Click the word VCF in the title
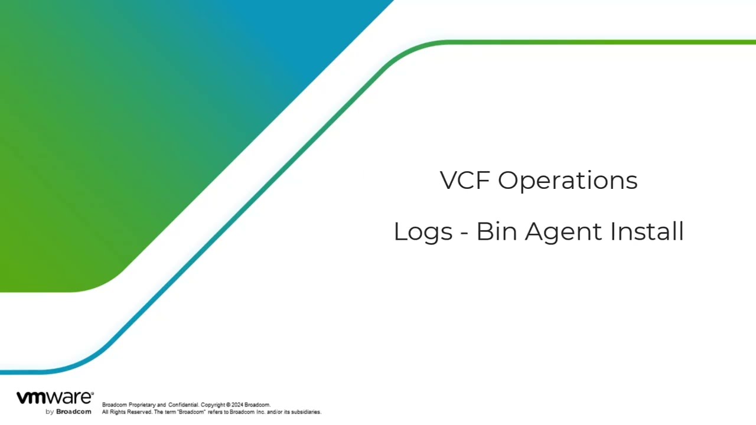pyautogui.click(x=465, y=181)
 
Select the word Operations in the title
pyautogui.click(x=568, y=181)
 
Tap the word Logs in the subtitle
pyautogui.click(x=423, y=233)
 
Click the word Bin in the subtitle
pyautogui.click(x=497, y=231)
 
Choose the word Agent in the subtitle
pyautogui.click(x=563, y=233)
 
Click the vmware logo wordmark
pyautogui.click(x=55, y=398)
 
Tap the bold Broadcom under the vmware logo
pyautogui.click(x=74, y=412)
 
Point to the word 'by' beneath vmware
pyautogui.click(x=50, y=412)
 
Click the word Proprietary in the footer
pyautogui.click(x=142, y=405)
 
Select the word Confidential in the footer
pyautogui.click(x=184, y=405)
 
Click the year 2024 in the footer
pyautogui.click(x=237, y=405)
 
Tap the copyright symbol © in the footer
pyautogui.click(x=229, y=405)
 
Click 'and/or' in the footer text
pyautogui.click(x=275, y=412)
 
